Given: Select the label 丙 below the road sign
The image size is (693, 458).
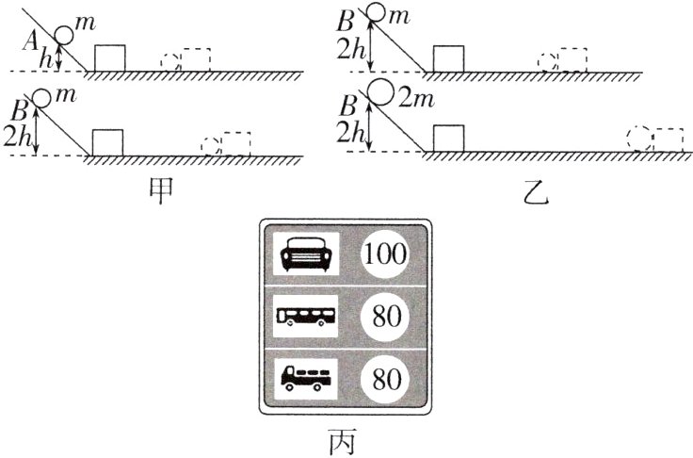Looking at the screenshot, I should coord(345,438).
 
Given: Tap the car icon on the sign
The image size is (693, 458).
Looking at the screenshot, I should coord(305,254).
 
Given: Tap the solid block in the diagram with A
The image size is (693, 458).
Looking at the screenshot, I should coord(109,57).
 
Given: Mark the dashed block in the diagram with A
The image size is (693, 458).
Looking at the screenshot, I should coord(196,58).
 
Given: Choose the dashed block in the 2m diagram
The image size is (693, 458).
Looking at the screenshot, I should coord(669,139).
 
